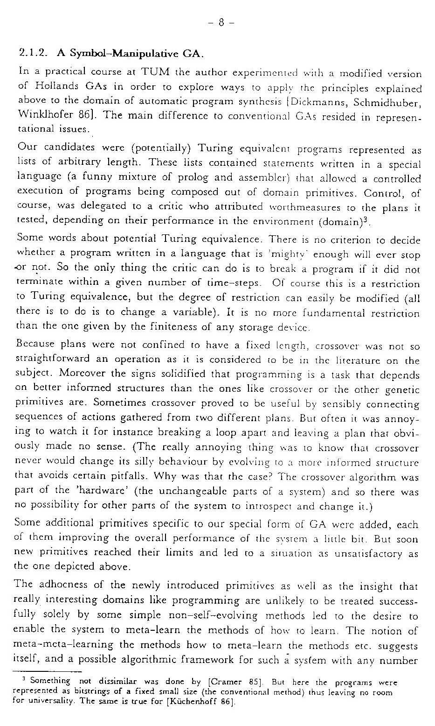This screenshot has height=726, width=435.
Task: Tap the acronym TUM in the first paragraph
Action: pyautogui.click(x=143, y=73)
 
